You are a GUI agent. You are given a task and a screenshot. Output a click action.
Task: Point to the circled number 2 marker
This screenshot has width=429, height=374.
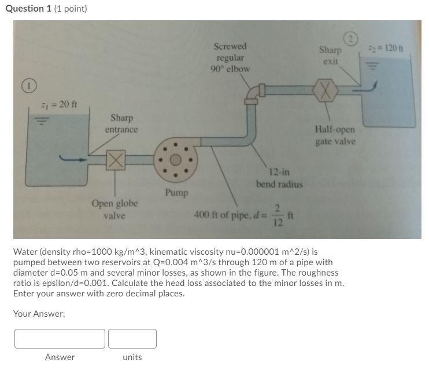(x=351, y=39)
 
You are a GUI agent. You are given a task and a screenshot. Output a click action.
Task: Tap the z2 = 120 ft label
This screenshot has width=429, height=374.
(x=390, y=47)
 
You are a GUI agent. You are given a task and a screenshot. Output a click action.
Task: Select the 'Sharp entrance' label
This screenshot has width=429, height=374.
(x=121, y=123)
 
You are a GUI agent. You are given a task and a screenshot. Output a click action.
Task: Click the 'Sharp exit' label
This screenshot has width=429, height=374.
(x=330, y=55)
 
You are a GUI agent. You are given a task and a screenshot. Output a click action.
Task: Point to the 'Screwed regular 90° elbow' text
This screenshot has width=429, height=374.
(x=230, y=57)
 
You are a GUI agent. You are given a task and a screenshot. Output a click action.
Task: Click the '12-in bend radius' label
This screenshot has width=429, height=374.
(x=279, y=178)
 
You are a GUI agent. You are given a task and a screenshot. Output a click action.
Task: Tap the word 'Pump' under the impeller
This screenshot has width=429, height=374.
(x=176, y=192)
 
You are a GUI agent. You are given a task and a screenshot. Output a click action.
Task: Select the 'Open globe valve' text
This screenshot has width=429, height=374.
(x=114, y=210)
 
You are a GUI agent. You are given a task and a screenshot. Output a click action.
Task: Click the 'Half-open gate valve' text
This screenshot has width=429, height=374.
(x=335, y=135)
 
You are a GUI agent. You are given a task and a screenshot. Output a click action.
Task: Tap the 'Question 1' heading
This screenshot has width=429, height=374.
(x=28, y=8)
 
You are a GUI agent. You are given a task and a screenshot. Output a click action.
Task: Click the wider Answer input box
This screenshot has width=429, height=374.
(x=60, y=339)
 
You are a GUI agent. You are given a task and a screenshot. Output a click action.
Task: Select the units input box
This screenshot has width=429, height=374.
(x=132, y=339)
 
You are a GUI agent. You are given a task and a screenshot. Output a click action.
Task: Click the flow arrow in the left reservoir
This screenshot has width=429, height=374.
(x=73, y=159)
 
